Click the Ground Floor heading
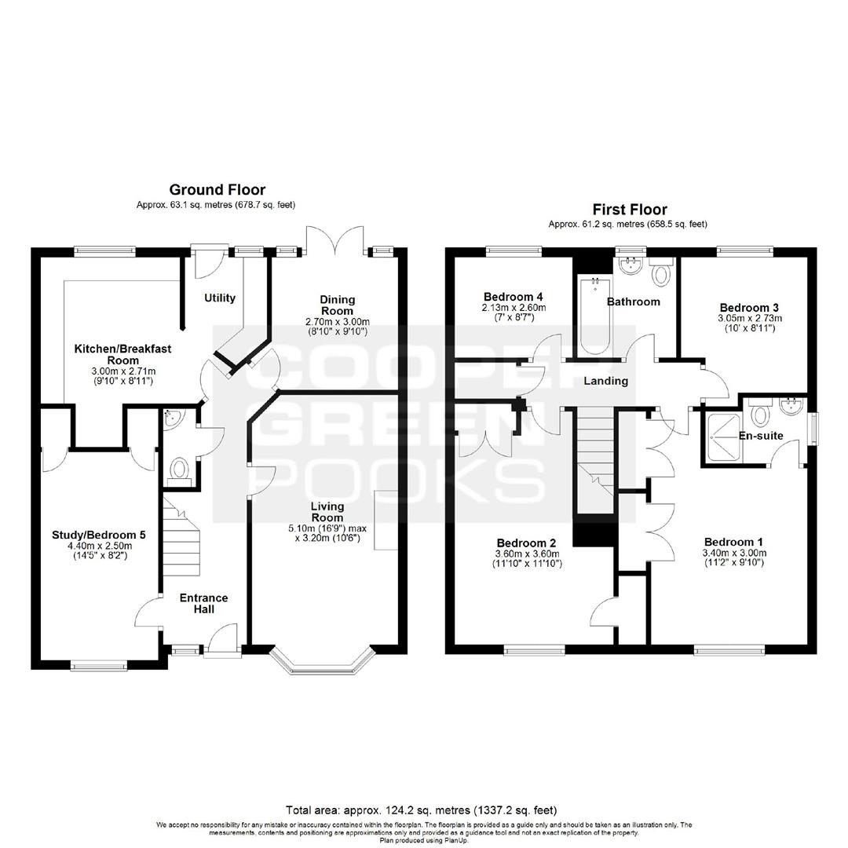[217, 190]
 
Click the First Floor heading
[630, 210]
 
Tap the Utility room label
[220, 298]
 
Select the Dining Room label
[338, 305]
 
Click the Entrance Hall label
[204, 604]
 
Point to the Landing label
[605, 381]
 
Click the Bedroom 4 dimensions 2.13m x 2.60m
[514, 308]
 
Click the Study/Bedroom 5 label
[98, 535]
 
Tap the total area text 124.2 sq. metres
[421, 810]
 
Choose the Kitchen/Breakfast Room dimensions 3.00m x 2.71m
[123, 371]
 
